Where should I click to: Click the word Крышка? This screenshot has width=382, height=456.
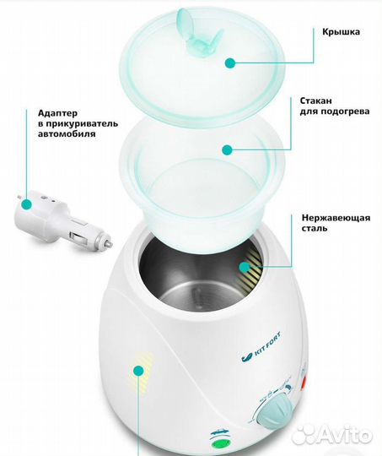point(341,31)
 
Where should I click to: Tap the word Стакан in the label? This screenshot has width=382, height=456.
point(315,100)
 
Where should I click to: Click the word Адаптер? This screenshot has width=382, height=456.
point(58,113)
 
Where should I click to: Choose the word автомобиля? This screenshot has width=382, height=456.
point(67,134)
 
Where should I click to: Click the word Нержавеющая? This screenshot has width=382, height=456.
point(336,218)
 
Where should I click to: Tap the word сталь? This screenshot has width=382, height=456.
point(315,228)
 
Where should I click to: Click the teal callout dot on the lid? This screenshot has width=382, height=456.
point(230,62)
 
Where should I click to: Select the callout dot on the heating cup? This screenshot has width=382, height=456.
point(227,149)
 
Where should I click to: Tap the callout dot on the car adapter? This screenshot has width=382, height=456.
point(27,204)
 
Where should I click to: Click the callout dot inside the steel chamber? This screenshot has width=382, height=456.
point(245,267)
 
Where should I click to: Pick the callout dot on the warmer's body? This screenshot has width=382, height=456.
point(138,371)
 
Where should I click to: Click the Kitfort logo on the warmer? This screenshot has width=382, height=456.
point(261,347)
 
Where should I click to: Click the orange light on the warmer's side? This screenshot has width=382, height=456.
point(304,383)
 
